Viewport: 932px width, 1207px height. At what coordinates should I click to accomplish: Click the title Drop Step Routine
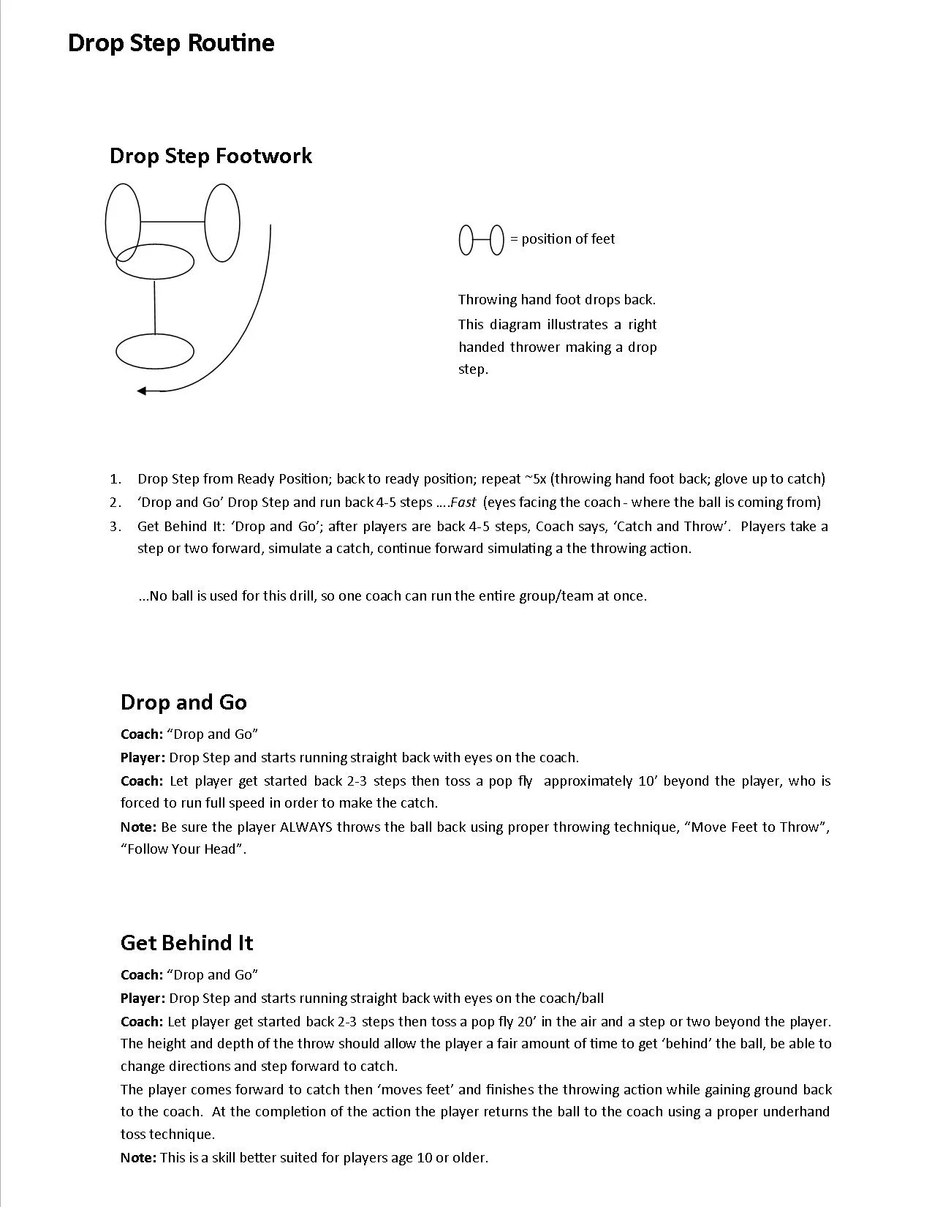(170, 42)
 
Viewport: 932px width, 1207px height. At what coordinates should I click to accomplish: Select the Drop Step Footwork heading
(211, 156)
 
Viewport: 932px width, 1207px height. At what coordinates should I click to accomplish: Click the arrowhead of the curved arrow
(142, 391)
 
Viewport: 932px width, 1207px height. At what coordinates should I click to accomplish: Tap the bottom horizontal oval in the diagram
(155, 351)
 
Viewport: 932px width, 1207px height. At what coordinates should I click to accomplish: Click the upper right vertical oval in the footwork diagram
(222, 222)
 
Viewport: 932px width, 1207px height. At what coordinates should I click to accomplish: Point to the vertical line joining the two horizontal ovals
(155, 307)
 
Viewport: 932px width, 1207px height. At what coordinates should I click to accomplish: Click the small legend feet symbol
(481, 240)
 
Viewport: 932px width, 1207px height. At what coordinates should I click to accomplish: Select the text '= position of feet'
(562, 239)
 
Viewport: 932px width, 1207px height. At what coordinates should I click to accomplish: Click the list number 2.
(115, 503)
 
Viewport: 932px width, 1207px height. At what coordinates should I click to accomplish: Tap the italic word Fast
(463, 503)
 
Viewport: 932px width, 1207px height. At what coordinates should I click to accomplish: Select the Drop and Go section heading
(183, 702)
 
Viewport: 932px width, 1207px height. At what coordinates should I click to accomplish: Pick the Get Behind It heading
(186, 943)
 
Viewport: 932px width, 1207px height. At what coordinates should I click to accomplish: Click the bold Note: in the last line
(138, 1158)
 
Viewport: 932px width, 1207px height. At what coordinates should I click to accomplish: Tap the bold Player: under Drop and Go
(143, 758)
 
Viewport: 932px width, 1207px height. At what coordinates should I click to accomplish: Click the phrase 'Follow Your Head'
(183, 849)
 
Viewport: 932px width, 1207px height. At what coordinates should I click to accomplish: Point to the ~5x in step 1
(535, 479)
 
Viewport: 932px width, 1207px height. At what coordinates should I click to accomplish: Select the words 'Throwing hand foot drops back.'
(556, 299)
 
